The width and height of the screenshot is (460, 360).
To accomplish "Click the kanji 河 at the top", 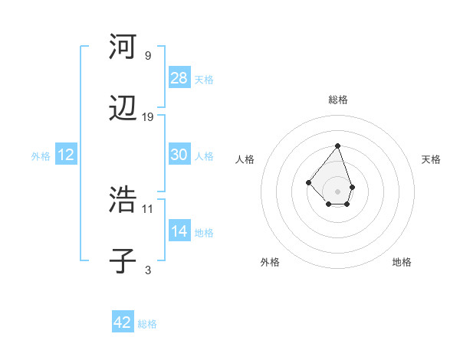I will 123,47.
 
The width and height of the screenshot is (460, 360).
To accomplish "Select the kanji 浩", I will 123,199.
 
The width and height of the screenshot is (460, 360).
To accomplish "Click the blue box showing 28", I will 179,78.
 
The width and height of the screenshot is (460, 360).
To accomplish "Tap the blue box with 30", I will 179,155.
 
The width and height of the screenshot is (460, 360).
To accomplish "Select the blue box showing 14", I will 179,231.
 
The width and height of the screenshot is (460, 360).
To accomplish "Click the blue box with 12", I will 66,155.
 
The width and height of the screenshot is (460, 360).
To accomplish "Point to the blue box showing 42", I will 123,322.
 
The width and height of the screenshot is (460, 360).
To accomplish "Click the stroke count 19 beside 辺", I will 148,117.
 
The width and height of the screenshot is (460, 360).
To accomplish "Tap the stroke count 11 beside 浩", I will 148,208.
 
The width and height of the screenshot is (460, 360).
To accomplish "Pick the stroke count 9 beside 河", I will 148,55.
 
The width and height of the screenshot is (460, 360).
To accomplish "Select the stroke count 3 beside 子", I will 148,270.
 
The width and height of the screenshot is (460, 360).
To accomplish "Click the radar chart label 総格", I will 338,100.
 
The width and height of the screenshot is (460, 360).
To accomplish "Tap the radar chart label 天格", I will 431,159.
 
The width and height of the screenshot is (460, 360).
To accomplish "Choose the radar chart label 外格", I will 270,262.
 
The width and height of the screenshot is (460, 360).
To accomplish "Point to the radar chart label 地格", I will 402,262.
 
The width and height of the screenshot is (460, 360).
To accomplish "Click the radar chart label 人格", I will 245,159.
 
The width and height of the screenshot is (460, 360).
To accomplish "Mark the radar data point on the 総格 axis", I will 337,146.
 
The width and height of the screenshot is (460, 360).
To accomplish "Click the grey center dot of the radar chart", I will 337,191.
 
